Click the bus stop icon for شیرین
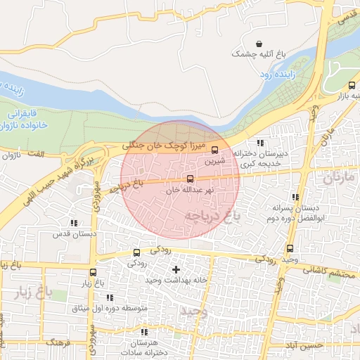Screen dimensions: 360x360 [214, 149]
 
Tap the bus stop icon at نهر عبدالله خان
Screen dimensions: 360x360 [189, 179]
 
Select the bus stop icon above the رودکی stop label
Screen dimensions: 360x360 [136, 252]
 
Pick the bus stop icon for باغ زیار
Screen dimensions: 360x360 [94, 272]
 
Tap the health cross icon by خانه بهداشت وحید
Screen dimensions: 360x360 [176, 269]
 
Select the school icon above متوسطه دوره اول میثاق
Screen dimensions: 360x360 [110, 297]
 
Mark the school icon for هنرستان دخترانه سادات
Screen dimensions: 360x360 [144, 331]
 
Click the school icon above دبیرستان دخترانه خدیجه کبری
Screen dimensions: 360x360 [260, 143]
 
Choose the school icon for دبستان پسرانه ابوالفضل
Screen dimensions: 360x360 [295, 197]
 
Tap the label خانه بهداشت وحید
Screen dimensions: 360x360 [176, 280]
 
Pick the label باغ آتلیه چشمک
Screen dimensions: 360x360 [260, 53]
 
